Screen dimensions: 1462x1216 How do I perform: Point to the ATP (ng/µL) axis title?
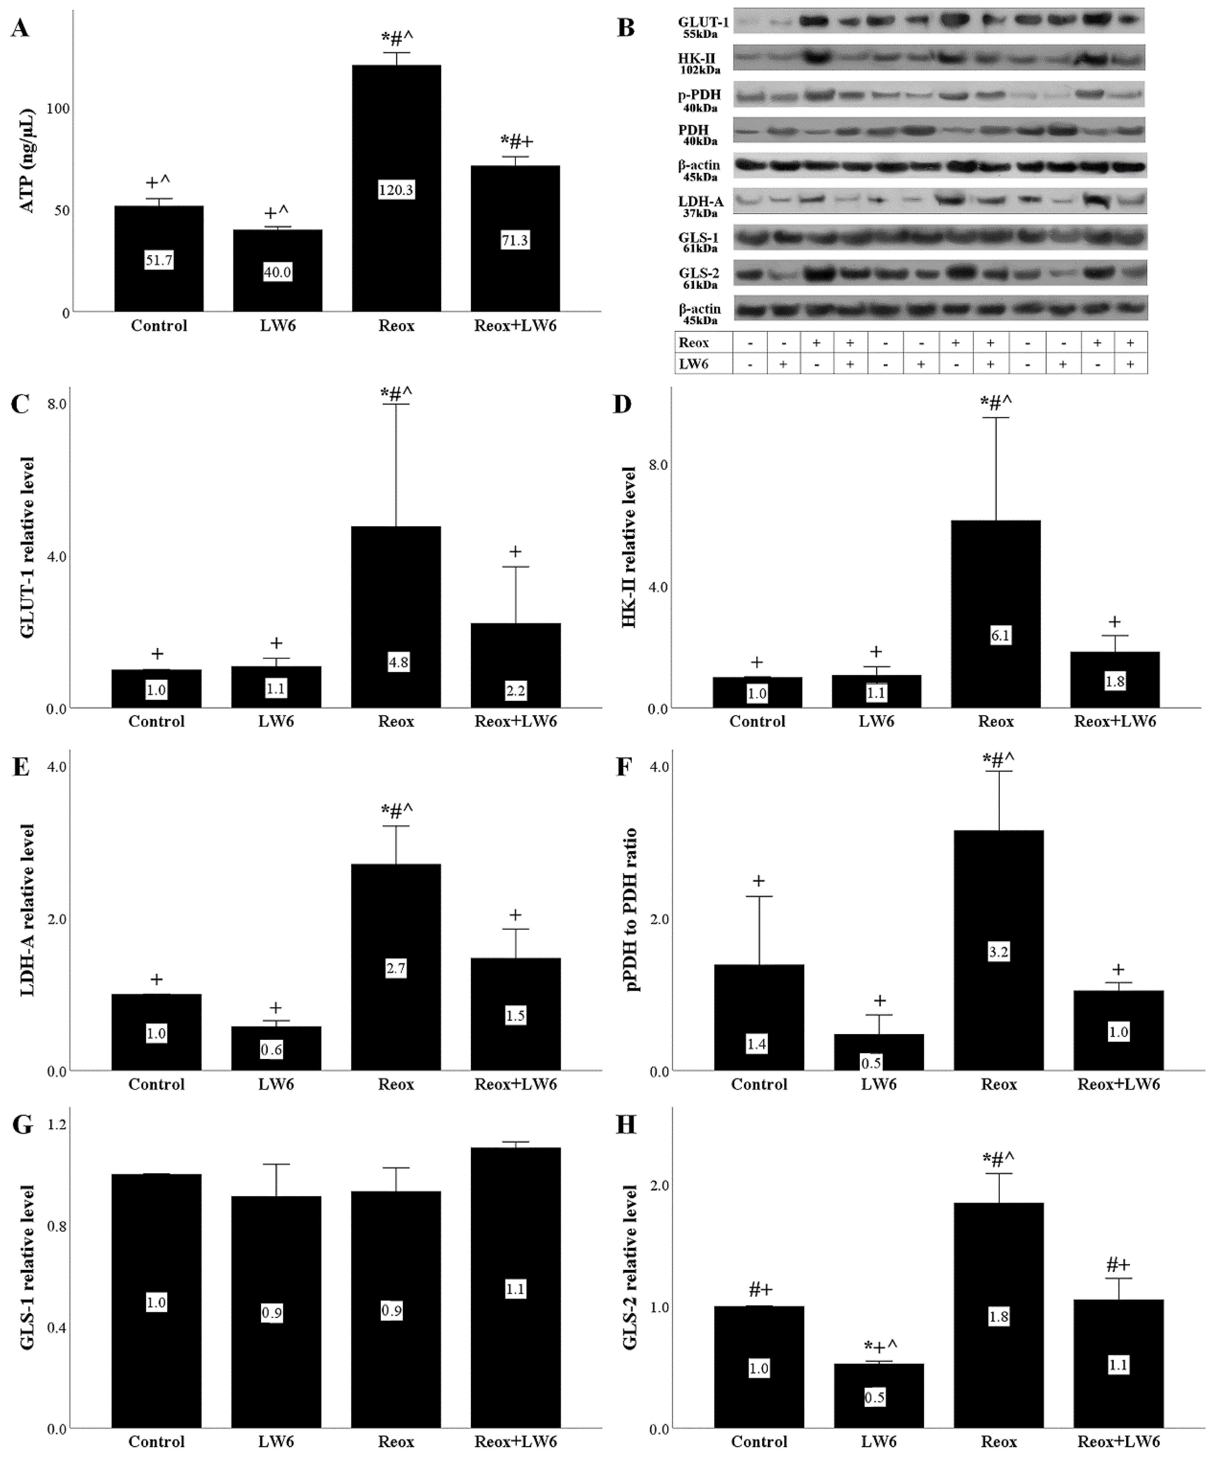[x=27, y=161]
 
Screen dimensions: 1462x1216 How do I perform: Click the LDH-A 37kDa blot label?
[x=700, y=206]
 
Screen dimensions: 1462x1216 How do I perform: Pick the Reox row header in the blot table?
[x=694, y=342]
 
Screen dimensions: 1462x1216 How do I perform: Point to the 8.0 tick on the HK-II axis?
[x=657, y=465]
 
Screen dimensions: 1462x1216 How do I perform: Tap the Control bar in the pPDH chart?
[x=758, y=1017]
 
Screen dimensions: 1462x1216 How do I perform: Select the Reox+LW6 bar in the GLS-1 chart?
[x=515, y=1288]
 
